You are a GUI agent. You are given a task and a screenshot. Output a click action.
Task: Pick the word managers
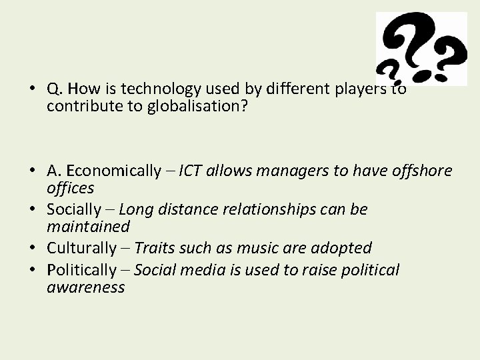click(288, 171)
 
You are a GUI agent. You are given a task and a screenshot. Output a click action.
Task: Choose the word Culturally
click(81, 248)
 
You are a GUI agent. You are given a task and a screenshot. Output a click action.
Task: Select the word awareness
click(85, 287)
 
